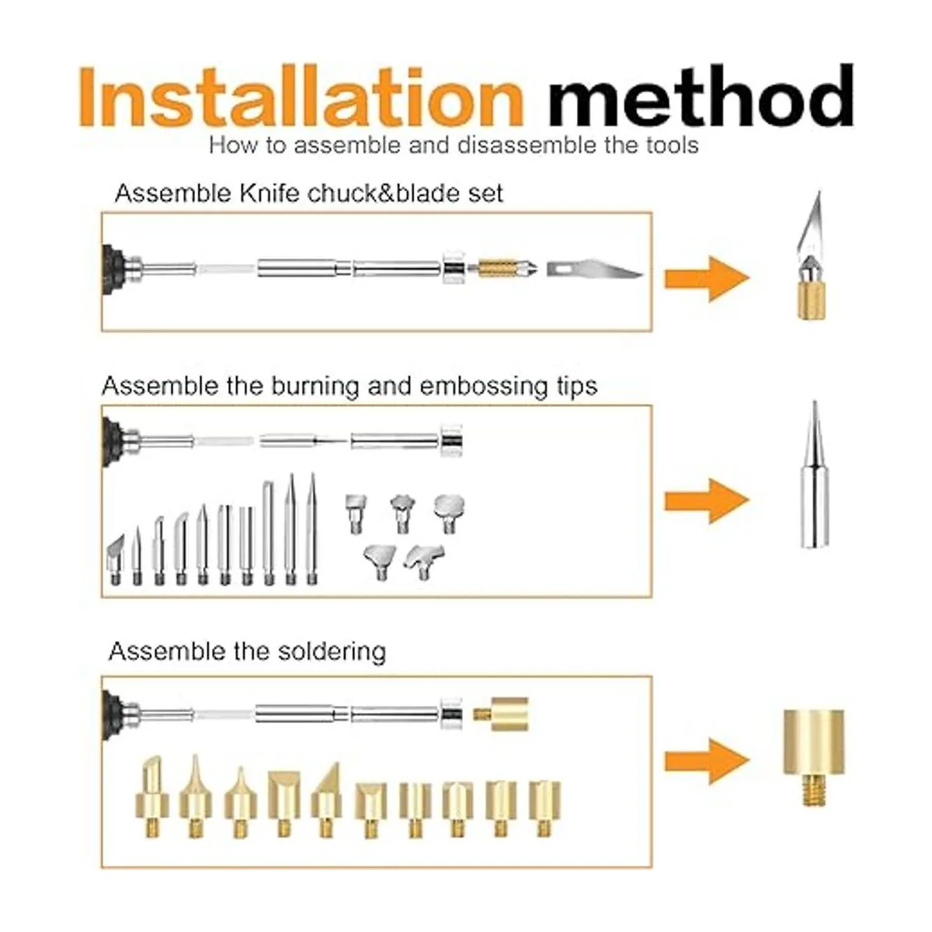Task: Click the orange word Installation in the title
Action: tap(301, 97)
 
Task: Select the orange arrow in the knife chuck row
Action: tap(707, 279)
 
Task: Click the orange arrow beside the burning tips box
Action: tap(707, 501)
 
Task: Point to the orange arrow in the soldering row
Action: tap(707, 761)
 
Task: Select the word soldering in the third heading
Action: tap(332, 652)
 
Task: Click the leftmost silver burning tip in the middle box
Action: tap(116, 559)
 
